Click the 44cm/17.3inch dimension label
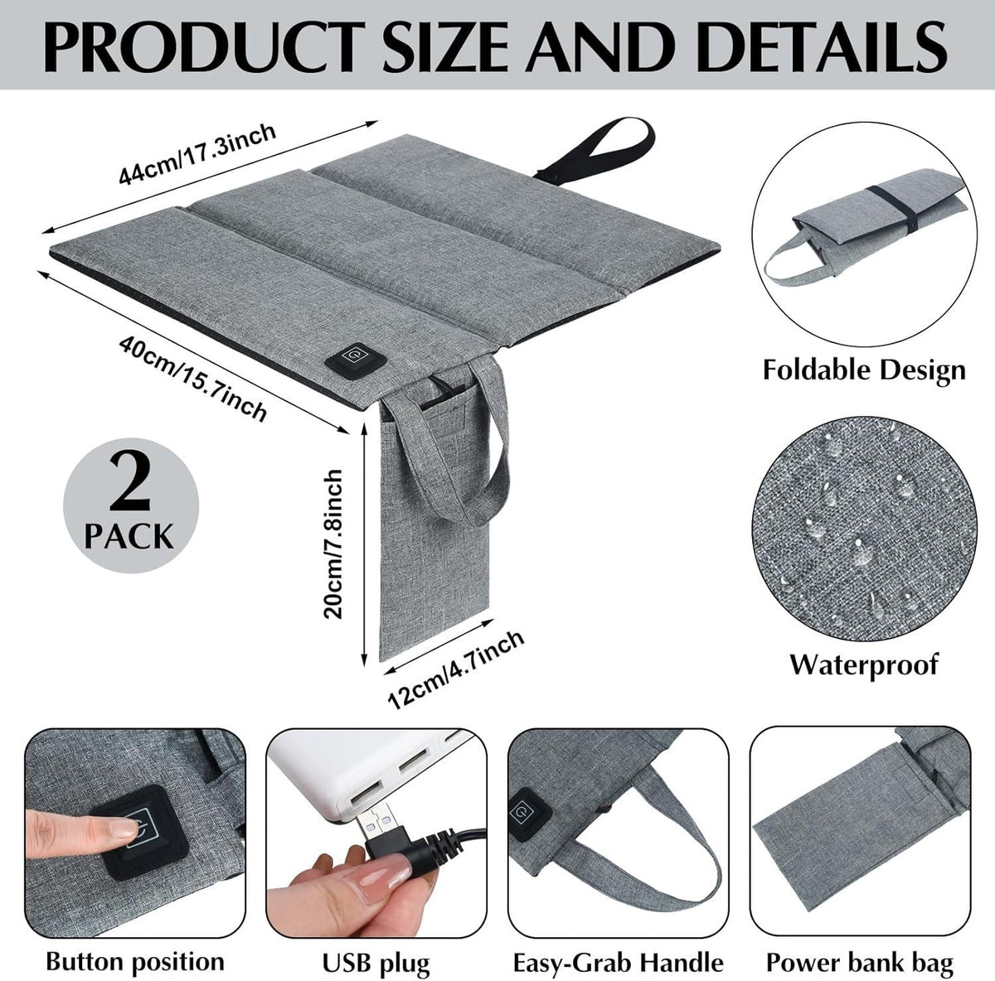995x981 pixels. (x=197, y=156)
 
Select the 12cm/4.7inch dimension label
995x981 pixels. (x=456, y=668)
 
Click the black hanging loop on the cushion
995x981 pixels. (x=599, y=151)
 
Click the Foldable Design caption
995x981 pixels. (x=864, y=370)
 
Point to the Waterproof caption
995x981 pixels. (x=863, y=664)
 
